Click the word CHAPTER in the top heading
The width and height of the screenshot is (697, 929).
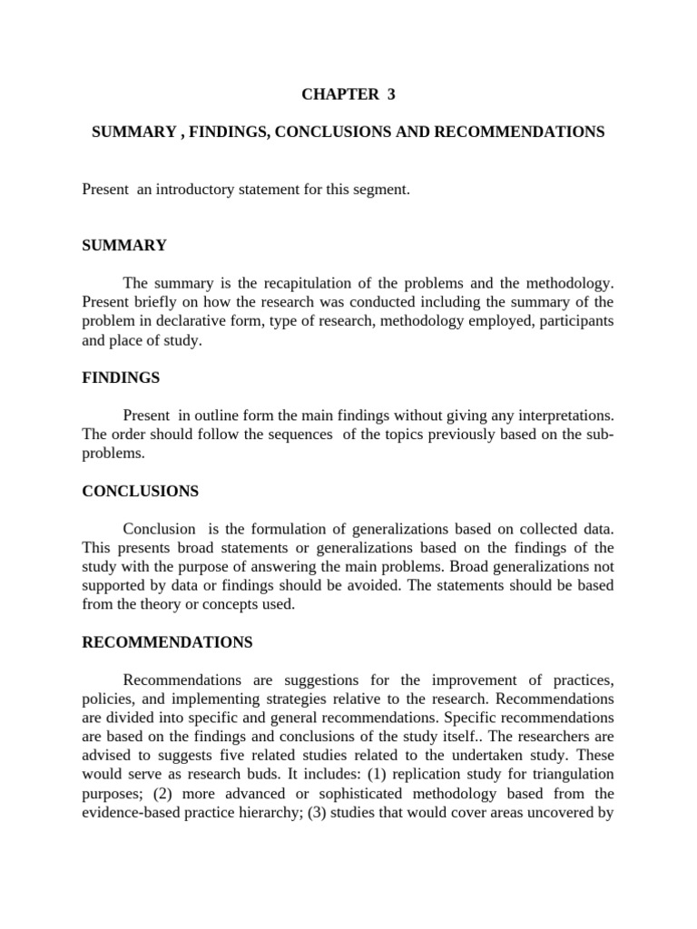335,94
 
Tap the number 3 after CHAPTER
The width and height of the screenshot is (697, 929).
392,94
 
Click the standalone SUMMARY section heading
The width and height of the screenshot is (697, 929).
124,245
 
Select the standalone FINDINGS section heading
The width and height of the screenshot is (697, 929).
122,376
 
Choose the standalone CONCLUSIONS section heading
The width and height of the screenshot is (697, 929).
140,491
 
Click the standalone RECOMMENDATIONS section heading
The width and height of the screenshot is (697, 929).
167,642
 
